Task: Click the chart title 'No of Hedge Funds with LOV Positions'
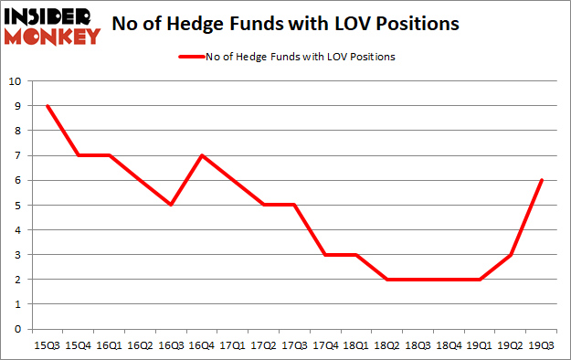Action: click(285, 25)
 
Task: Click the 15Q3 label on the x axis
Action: click(47, 344)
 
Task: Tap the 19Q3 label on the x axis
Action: click(542, 344)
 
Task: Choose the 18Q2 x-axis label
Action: click(387, 344)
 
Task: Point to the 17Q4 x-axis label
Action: click(325, 344)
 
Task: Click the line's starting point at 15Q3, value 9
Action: click(47, 106)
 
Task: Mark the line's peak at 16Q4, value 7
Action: click(201, 155)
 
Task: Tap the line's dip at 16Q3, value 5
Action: click(170, 205)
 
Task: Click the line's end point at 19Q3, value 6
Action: click(542, 180)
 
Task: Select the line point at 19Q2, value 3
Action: click(511, 255)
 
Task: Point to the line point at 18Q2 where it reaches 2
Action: click(387, 280)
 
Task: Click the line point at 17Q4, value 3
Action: click(325, 255)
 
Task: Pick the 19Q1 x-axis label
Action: click(480, 344)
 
